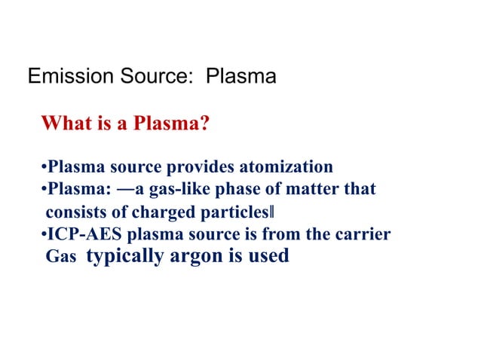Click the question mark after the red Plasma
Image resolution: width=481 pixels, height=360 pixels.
(204, 122)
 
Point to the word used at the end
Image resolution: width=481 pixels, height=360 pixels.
(267, 256)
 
